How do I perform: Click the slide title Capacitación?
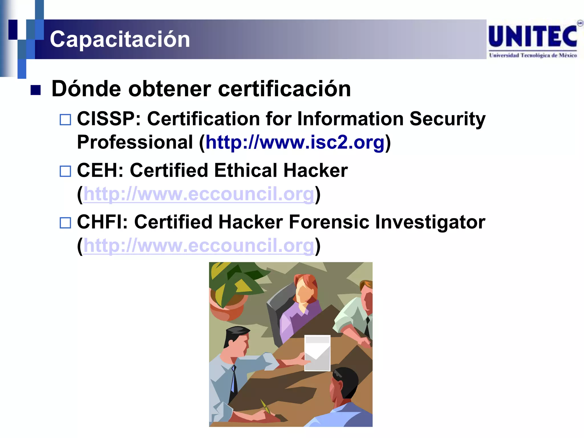click(x=120, y=39)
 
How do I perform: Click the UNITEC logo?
click(x=533, y=40)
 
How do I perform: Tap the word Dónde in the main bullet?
click(x=87, y=89)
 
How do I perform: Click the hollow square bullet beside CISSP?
click(x=65, y=120)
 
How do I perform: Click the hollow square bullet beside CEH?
click(x=65, y=171)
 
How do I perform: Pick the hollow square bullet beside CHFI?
click(x=65, y=223)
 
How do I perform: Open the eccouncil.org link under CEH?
click(x=199, y=194)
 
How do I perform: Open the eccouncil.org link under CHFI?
click(x=199, y=246)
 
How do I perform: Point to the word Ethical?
click(x=246, y=171)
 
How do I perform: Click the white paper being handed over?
click(x=317, y=353)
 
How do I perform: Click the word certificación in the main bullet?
click(x=284, y=89)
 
